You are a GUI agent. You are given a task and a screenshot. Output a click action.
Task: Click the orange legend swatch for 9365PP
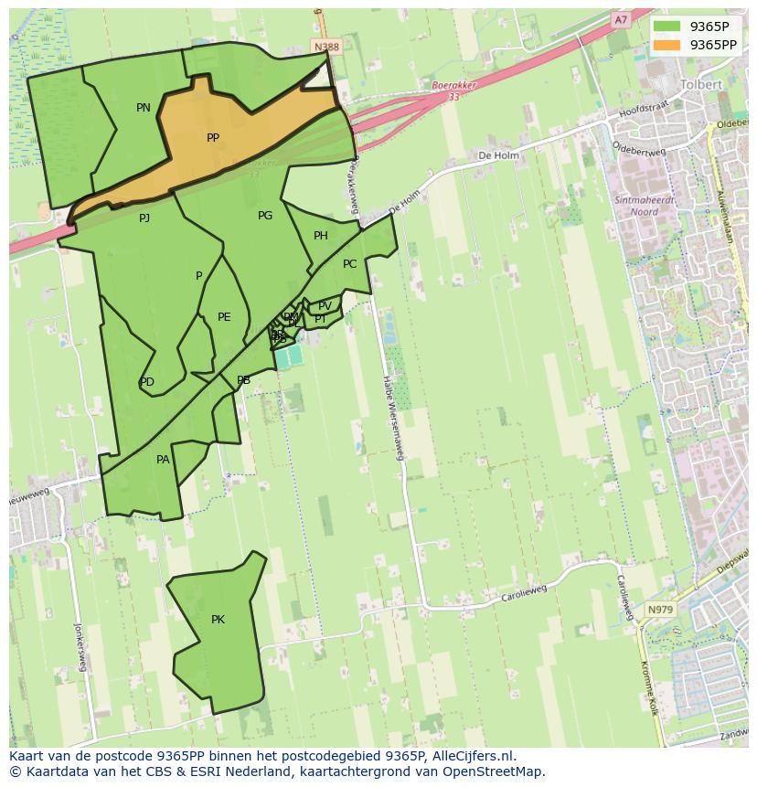point(667,45)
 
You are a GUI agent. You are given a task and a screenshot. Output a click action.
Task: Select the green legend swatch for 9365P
point(667,27)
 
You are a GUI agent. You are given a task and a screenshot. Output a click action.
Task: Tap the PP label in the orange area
point(213,138)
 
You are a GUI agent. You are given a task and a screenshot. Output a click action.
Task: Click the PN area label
point(144,108)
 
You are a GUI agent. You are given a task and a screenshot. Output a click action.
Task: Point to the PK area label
point(218,620)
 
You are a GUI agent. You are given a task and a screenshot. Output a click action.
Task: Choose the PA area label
point(163,460)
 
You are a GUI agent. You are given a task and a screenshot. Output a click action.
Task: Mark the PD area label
point(147,382)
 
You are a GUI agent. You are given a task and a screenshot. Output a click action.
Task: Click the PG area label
point(265,216)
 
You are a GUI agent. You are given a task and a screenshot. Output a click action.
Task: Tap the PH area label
point(321,236)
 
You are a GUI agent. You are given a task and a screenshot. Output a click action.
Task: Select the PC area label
point(349,264)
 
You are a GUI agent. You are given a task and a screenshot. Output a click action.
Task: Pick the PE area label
point(224,317)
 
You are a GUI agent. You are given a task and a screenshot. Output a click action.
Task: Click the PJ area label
point(144,218)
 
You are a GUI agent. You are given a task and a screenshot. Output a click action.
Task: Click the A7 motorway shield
point(621,19)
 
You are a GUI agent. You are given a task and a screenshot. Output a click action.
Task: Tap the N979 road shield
point(659,610)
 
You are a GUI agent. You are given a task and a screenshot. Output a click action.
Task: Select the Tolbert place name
point(701,84)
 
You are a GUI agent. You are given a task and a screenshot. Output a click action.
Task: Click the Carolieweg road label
point(524,594)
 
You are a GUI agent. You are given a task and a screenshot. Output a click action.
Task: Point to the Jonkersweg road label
point(80,646)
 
